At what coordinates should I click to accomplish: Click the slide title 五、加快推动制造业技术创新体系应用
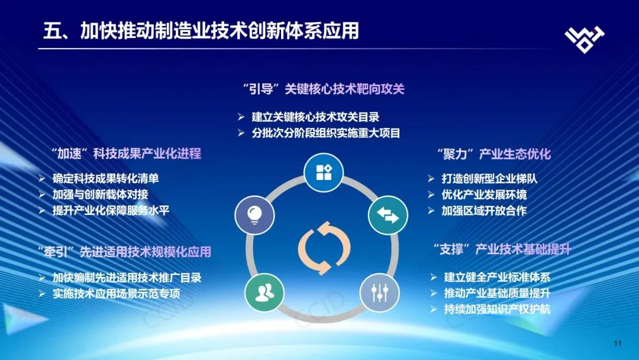[x=201, y=31]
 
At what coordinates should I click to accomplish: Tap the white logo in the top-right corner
[x=585, y=39]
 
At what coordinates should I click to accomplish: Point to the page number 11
[x=617, y=343]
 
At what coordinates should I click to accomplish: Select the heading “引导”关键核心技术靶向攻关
[x=324, y=89]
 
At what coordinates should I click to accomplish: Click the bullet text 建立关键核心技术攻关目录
[x=315, y=117]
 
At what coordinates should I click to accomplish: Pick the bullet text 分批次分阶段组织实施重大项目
[x=326, y=133]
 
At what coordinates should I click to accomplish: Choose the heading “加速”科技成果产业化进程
[x=127, y=153]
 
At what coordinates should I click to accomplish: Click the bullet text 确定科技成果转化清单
[x=105, y=178]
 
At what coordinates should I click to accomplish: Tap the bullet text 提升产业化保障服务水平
[x=111, y=210]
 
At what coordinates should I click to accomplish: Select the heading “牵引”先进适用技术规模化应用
[x=124, y=252]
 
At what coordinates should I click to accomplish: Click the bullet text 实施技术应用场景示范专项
[x=116, y=294]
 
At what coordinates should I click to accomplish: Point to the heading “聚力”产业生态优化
[x=494, y=154]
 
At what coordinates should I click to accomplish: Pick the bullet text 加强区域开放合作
[x=484, y=210]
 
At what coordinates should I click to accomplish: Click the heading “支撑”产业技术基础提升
[x=502, y=249]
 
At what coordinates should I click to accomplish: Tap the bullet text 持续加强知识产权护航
[x=497, y=309]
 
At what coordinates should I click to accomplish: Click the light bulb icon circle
[x=254, y=215]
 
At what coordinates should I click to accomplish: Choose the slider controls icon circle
[x=380, y=292]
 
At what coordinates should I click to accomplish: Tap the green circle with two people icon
[x=264, y=292]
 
